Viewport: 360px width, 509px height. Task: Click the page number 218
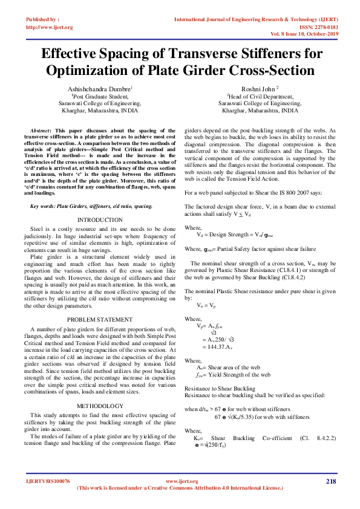click(x=330, y=481)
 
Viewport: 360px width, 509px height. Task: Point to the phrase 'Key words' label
click(x=45, y=207)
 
